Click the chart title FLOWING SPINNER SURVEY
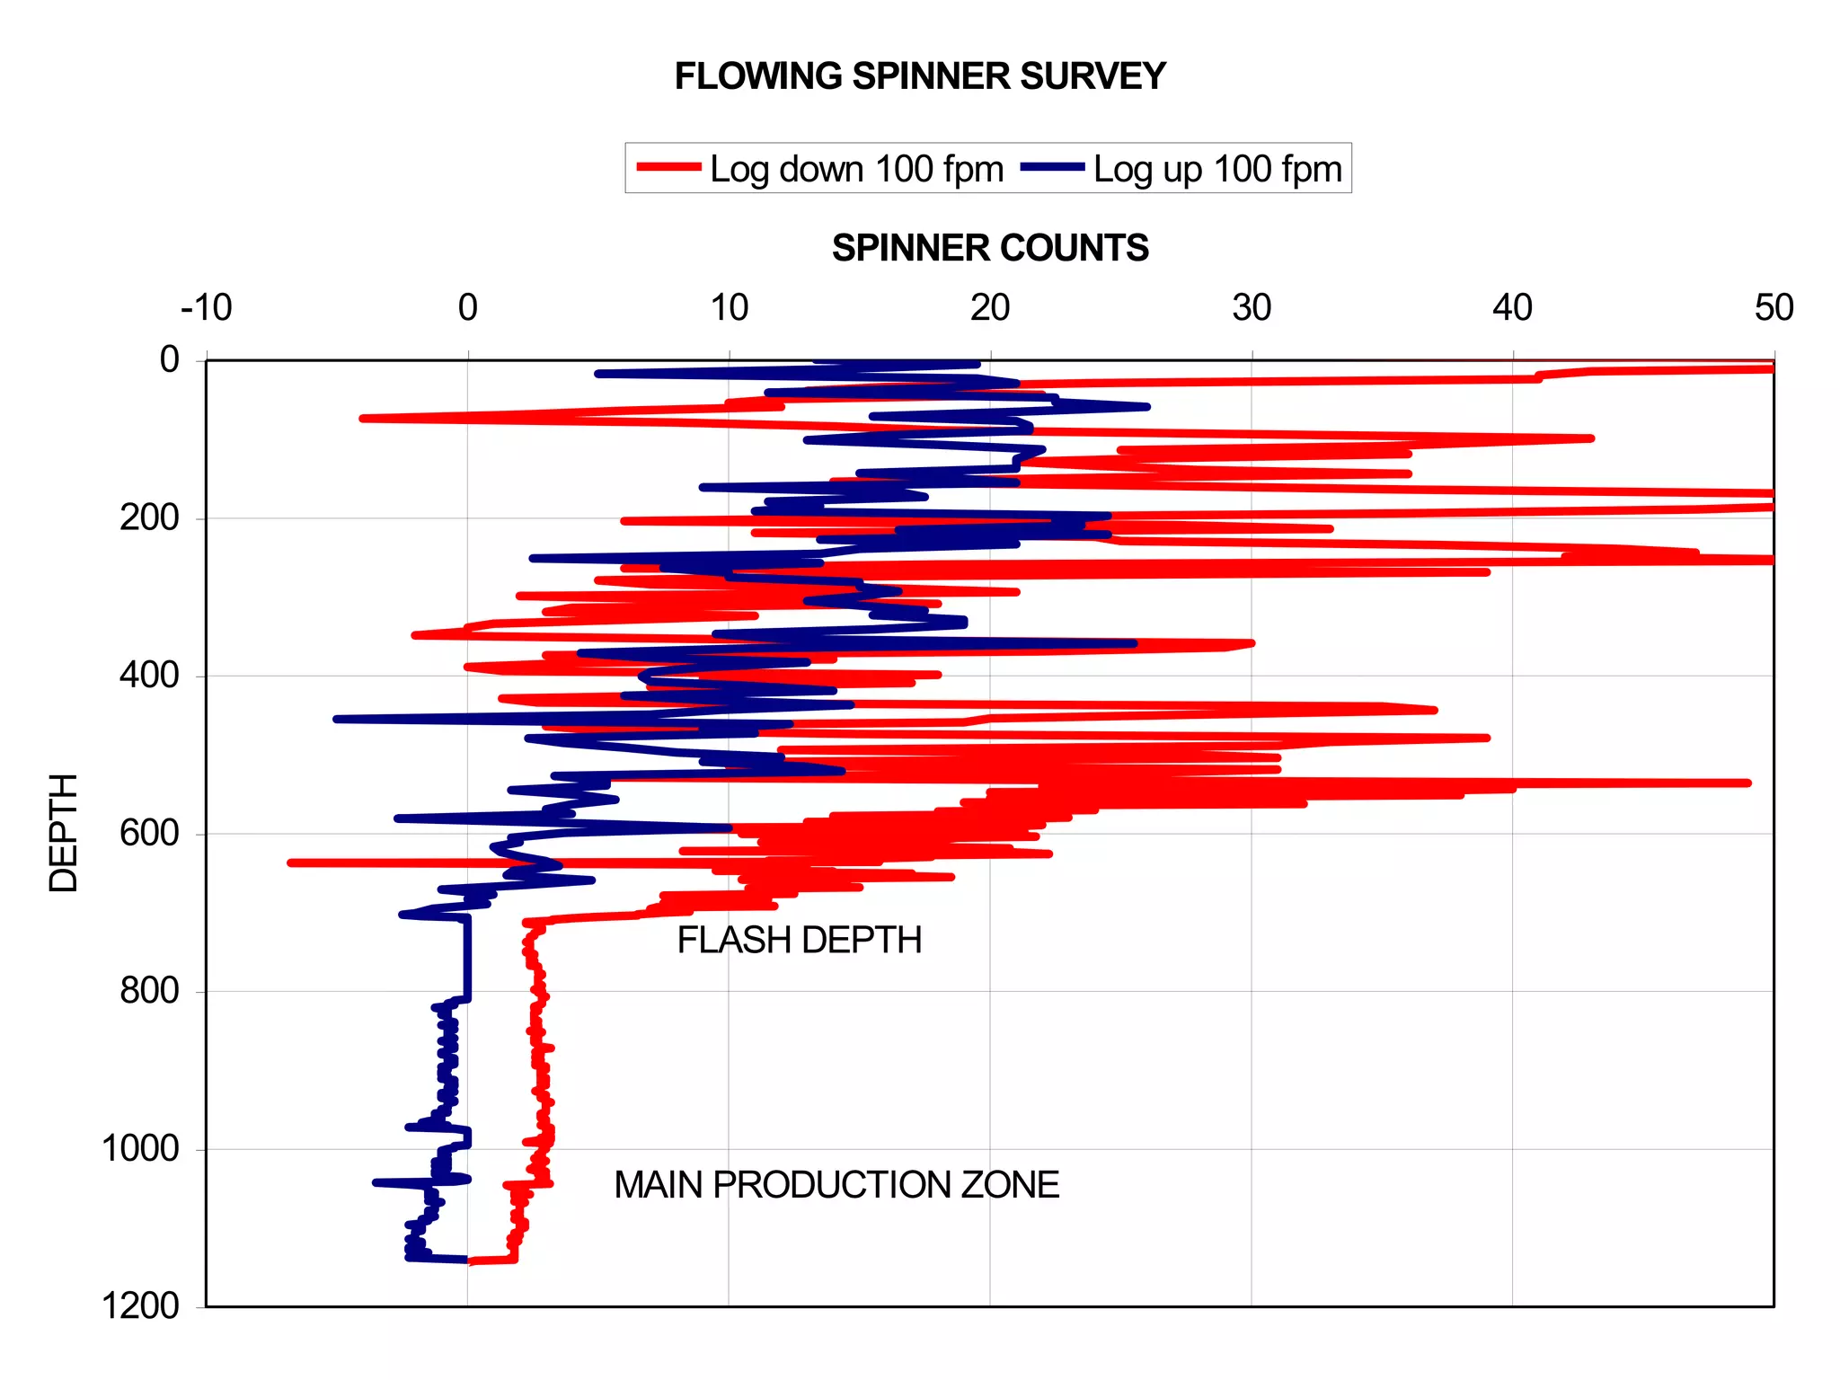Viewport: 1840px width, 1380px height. (920, 76)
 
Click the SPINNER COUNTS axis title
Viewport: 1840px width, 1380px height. (990, 248)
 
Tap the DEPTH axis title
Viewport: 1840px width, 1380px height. (64, 832)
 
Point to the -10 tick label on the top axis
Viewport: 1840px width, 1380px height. (207, 308)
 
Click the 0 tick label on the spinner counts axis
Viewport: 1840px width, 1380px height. (467, 308)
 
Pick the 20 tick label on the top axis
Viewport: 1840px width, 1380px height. (990, 308)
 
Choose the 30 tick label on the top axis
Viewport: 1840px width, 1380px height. (1252, 308)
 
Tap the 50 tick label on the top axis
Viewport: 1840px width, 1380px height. (1774, 308)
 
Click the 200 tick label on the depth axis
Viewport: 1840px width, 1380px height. (149, 517)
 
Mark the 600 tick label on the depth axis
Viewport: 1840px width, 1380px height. (149, 833)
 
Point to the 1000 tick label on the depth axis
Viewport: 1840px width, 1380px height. (140, 1148)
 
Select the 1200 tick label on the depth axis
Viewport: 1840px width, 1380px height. (140, 1305)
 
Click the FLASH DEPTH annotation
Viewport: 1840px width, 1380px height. (800, 940)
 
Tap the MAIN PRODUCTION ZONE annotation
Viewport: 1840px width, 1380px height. (836, 1184)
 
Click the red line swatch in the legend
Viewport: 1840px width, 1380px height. (668, 167)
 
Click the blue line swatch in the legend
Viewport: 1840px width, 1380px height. (1052, 167)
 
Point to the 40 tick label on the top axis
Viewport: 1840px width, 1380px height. (1512, 308)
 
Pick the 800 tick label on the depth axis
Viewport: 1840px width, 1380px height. (149, 990)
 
